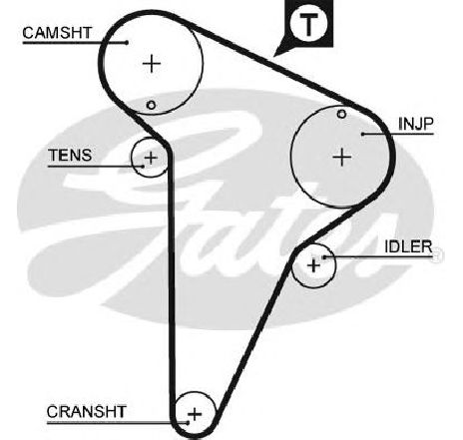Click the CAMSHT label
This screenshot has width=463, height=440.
point(57,33)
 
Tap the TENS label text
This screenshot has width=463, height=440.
point(70,156)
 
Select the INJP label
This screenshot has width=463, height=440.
point(416,124)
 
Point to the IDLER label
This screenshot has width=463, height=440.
point(408,246)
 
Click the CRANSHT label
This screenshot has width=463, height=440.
point(87,412)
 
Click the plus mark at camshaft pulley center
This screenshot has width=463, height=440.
point(152,63)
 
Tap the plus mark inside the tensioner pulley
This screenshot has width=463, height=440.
point(151,157)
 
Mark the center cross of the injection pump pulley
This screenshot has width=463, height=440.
point(342,157)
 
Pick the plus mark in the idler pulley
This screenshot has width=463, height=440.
point(313,265)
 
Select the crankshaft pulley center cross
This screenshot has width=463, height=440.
point(195,414)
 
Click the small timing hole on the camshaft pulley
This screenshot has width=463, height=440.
point(151,105)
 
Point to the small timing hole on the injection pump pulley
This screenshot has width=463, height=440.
point(341,114)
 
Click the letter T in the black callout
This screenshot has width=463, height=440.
point(309,24)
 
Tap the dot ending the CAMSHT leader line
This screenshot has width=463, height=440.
point(127,42)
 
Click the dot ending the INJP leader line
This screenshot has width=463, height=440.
point(363,134)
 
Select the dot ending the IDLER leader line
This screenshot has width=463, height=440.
point(324,257)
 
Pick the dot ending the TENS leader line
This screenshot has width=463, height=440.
point(144,166)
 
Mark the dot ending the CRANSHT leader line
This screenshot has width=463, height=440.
point(188,423)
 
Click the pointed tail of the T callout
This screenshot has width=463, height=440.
point(274,55)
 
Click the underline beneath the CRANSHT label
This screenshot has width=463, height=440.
point(117,423)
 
